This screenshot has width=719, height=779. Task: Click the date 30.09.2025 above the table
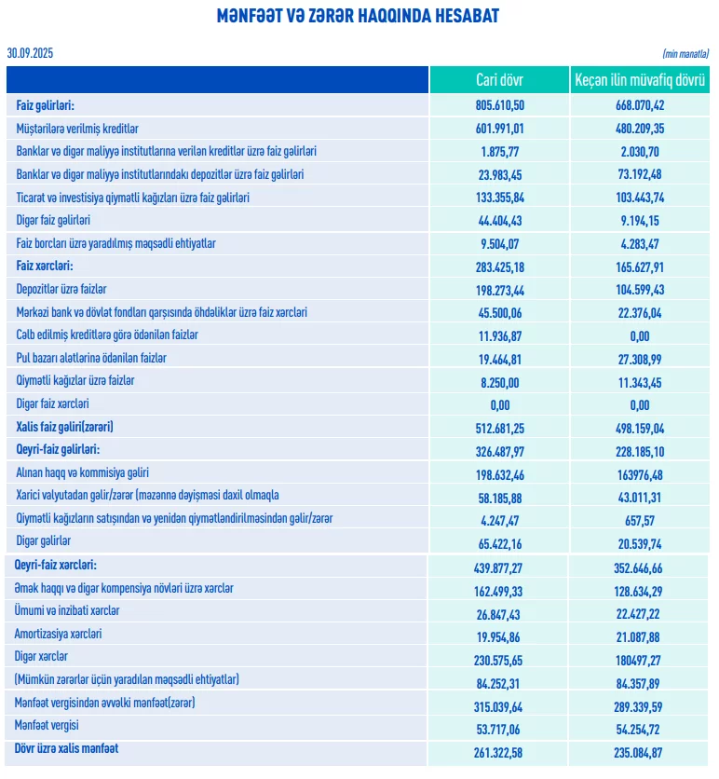pyautogui.click(x=30, y=53)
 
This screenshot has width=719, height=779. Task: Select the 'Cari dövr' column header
pyautogui.click(x=499, y=81)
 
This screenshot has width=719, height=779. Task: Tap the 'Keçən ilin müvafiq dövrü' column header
pyautogui.click(x=639, y=81)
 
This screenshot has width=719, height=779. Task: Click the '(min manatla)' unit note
pyautogui.click(x=685, y=54)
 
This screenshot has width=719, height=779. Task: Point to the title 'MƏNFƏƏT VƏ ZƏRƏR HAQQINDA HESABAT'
pyautogui.click(x=358, y=16)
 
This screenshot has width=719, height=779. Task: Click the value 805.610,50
pyautogui.click(x=499, y=105)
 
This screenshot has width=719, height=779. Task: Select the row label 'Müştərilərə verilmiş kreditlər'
pyautogui.click(x=77, y=129)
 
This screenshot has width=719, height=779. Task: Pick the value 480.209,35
pyautogui.click(x=639, y=129)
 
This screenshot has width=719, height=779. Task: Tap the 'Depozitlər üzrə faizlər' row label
pyautogui.click(x=63, y=290)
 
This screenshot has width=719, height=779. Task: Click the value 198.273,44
pyautogui.click(x=499, y=290)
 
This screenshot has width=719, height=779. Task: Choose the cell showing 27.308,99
pyautogui.click(x=639, y=359)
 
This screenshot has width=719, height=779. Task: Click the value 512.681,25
pyautogui.click(x=499, y=428)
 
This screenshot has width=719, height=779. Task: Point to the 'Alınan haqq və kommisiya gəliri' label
pyautogui.click(x=83, y=473)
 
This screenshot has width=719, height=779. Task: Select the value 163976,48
pyautogui.click(x=639, y=473)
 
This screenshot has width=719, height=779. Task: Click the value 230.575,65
pyautogui.click(x=499, y=657)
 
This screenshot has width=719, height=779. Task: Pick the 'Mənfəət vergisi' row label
pyautogui.click(x=47, y=726)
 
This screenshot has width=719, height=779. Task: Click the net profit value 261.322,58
pyautogui.click(x=499, y=750)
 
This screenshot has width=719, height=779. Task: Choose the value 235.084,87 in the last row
pyautogui.click(x=639, y=750)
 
